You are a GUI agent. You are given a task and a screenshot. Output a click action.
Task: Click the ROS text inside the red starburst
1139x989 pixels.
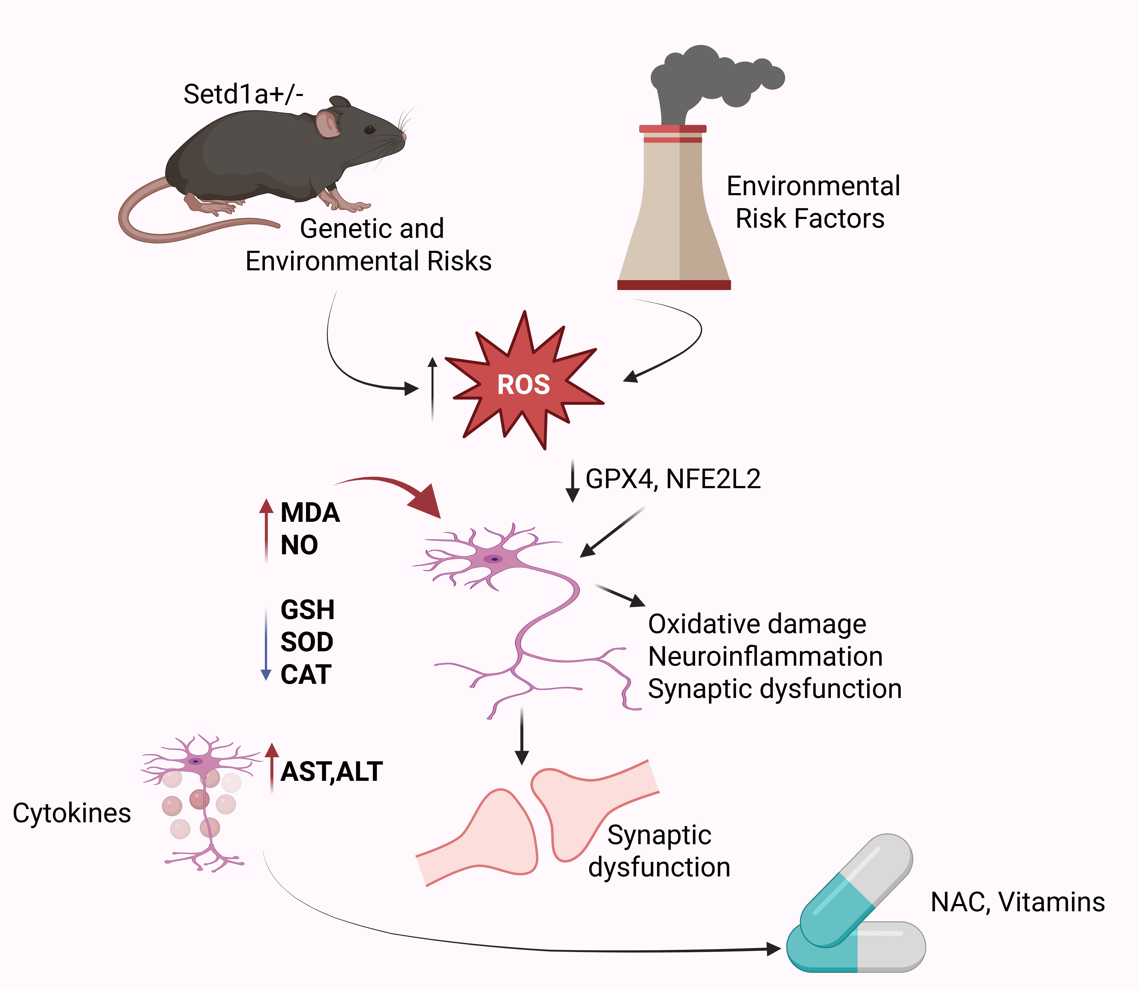pyautogui.click(x=523, y=385)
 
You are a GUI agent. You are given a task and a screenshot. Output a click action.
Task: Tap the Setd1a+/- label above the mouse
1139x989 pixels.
pyautogui.click(x=243, y=94)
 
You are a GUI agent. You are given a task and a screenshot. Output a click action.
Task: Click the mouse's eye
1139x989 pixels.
pyautogui.click(x=369, y=130)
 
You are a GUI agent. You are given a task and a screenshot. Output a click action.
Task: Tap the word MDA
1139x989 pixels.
pyautogui.click(x=310, y=513)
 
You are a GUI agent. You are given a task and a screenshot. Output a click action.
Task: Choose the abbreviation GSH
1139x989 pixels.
pyautogui.click(x=307, y=610)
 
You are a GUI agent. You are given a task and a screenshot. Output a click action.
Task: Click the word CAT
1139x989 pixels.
pyautogui.click(x=306, y=674)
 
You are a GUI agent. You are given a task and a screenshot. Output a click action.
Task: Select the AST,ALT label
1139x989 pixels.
pyautogui.click(x=331, y=772)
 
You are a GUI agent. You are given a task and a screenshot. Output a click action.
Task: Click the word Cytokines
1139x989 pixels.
pyautogui.click(x=72, y=813)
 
